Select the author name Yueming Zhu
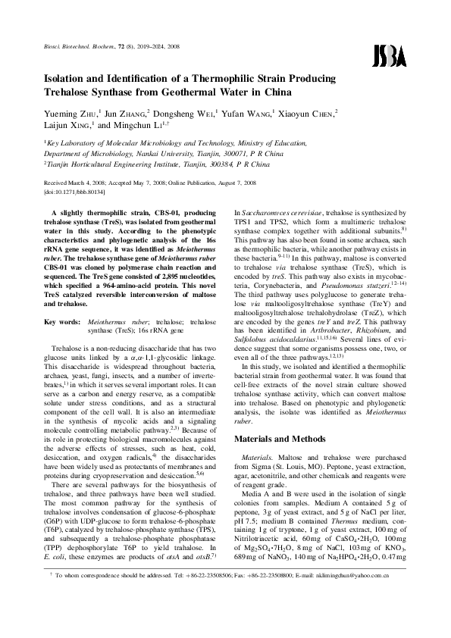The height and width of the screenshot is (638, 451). pos(67,114)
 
